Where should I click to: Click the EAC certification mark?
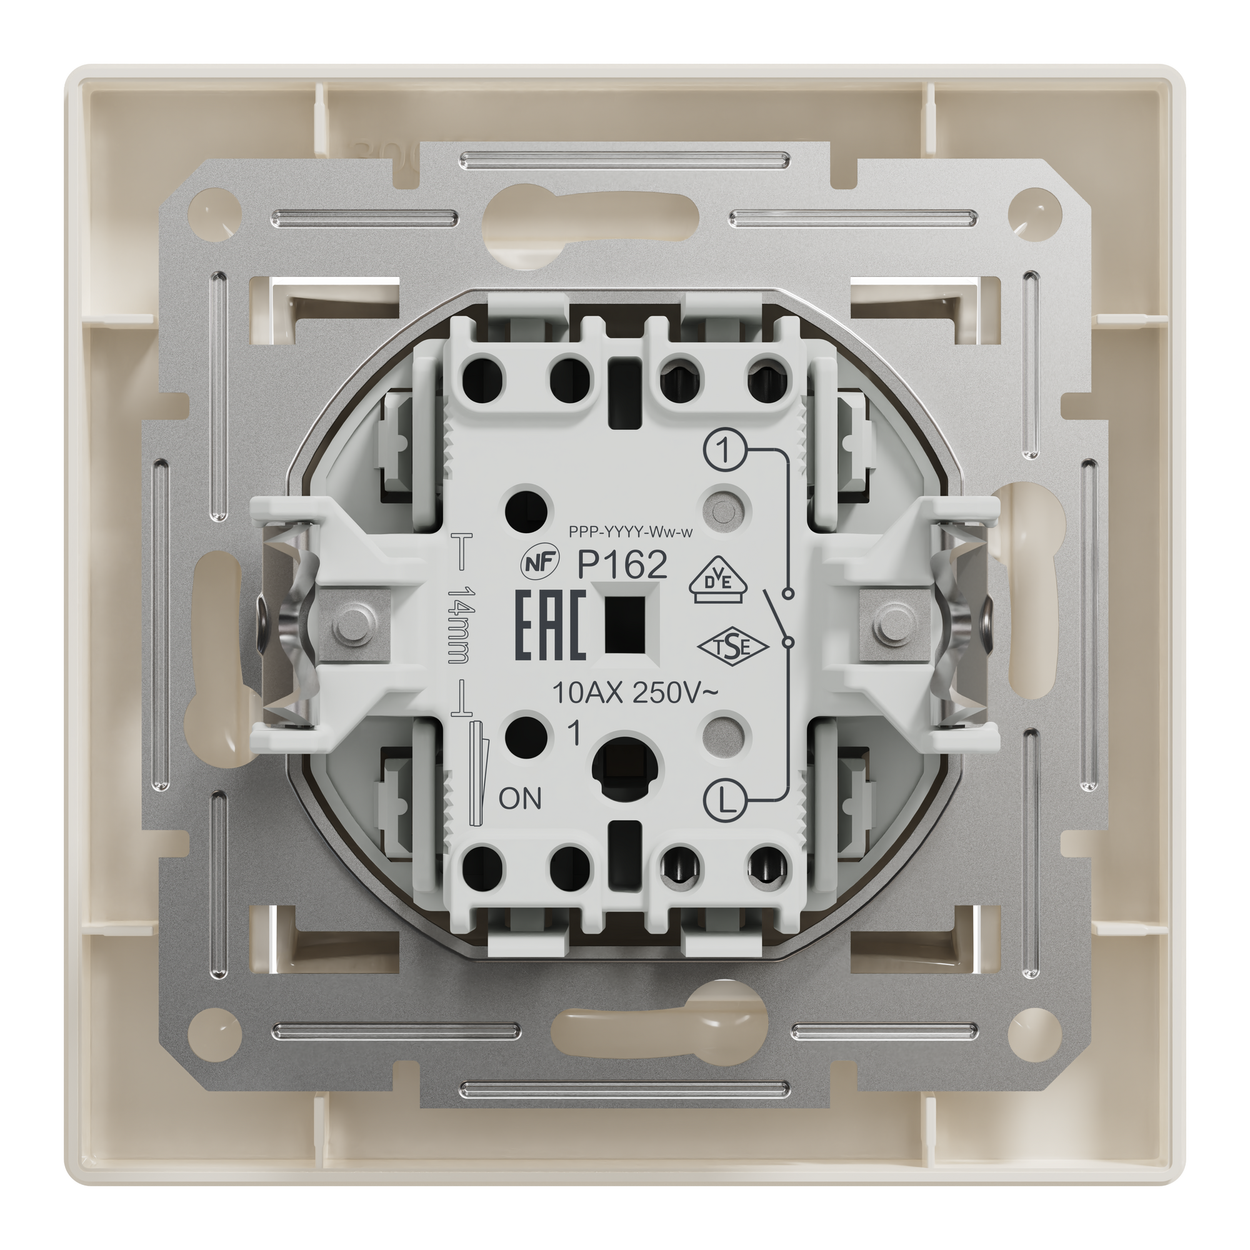(551, 626)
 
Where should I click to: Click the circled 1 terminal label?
(724, 450)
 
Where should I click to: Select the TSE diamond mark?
(732, 648)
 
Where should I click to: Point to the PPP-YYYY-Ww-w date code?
(631, 532)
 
